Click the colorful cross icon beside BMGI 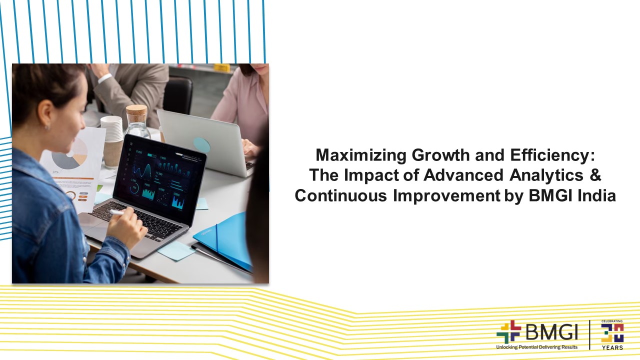[508, 332]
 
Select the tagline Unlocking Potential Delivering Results [536, 347]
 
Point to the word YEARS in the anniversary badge [612, 347]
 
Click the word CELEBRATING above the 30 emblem [612, 321]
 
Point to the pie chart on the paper [70, 154]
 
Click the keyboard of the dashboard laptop [142, 220]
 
